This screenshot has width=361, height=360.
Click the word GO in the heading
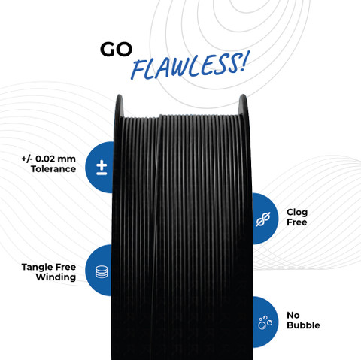coord(116,50)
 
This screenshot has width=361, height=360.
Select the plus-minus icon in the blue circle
coord(102,168)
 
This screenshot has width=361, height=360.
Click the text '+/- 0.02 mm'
coord(48,159)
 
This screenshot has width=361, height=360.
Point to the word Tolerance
coord(53,169)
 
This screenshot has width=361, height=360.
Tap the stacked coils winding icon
coord(102,271)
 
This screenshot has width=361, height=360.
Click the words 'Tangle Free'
coord(49,267)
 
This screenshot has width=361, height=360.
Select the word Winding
coord(56,277)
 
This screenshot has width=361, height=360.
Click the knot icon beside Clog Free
coord(263,219)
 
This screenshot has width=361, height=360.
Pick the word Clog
coord(297,213)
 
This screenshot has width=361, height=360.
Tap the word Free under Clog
coord(297,222)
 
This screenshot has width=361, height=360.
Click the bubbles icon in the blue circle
coord(265,322)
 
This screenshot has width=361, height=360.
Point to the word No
coord(293,315)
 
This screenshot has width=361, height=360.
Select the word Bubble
coord(303,325)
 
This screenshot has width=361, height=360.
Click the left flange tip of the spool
coord(120,95)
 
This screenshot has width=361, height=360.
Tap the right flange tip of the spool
coord(243,95)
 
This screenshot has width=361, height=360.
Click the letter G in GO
coord(108,50)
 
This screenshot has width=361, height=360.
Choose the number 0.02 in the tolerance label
coord(44,159)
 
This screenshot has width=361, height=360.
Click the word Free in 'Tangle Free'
coord(66,267)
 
